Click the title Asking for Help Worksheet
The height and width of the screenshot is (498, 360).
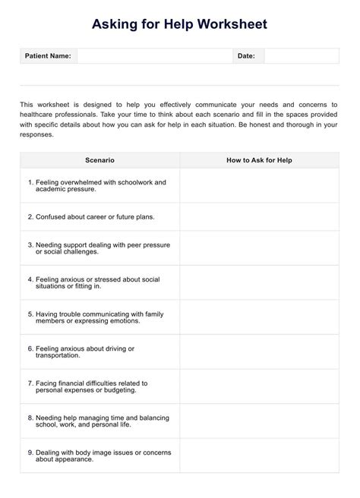click(180, 25)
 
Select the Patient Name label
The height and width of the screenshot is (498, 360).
click(48, 56)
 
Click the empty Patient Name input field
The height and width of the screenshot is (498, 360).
click(155, 56)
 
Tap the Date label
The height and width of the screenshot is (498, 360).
click(246, 56)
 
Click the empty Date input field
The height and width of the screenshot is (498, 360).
click(302, 56)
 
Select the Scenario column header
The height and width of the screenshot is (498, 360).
click(99, 160)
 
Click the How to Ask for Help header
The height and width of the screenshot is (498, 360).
click(259, 160)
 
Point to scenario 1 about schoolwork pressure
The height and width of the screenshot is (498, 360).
click(96, 185)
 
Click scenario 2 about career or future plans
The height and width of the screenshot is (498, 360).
click(91, 216)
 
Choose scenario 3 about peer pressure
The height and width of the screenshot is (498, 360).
click(99, 248)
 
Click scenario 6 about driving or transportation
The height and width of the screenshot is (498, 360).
click(81, 351)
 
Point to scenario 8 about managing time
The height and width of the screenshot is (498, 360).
click(98, 421)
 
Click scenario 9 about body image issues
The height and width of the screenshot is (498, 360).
click(96, 455)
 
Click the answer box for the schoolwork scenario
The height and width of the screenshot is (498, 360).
click(259, 185)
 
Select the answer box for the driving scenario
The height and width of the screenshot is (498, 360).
click(259, 351)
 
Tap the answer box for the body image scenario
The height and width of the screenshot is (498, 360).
click(259, 455)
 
